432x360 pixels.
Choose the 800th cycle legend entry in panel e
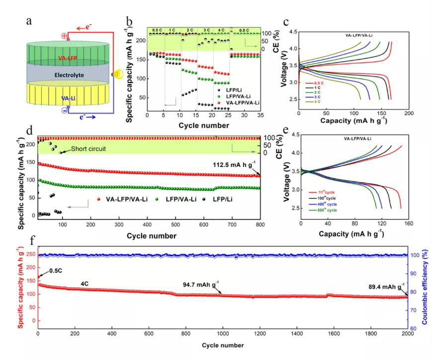(323, 211)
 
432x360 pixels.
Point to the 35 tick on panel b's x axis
(262, 115)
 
